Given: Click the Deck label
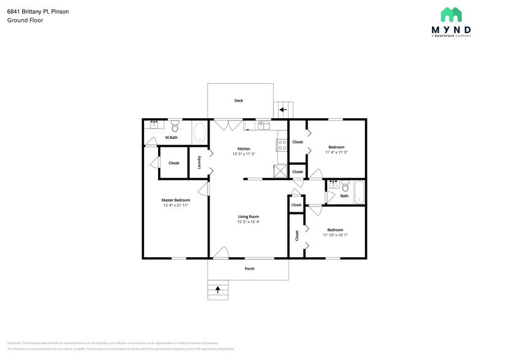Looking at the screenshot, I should tap(238, 101).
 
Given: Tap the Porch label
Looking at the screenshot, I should tap(249, 269).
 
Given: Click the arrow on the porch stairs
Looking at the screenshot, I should tap(217, 290).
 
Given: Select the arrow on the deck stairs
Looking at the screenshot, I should tap(283, 110).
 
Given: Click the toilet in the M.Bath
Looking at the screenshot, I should tap(175, 127).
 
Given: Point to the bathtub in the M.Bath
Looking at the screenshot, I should tap(200, 133).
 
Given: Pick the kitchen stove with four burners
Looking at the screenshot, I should tap(282, 145).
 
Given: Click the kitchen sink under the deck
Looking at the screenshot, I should tap(263, 126).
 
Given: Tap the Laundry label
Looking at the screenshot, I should tap(199, 162).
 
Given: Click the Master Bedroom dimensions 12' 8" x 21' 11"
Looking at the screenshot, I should tap(176, 206).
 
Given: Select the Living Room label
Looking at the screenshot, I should tap(249, 216).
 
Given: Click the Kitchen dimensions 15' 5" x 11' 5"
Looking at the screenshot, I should tap(244, 154).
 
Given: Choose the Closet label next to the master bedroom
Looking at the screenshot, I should tap(174, 163).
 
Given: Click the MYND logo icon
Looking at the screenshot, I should tap(451, 15).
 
